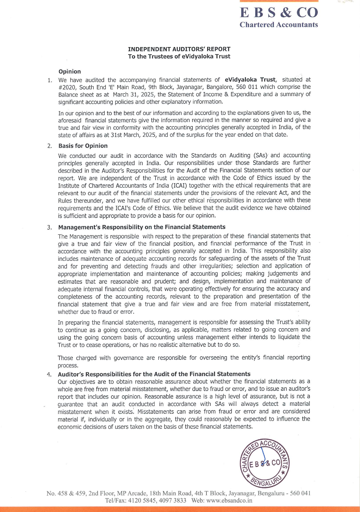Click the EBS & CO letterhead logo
279,12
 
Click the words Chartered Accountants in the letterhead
279,25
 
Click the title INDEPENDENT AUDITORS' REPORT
179,49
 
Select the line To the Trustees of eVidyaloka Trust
179,56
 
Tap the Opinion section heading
70,71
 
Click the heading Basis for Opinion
83,146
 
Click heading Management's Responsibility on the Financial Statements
142,227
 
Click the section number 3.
49,227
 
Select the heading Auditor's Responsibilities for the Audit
154,374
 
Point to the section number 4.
49,374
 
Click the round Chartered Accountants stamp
265,463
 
